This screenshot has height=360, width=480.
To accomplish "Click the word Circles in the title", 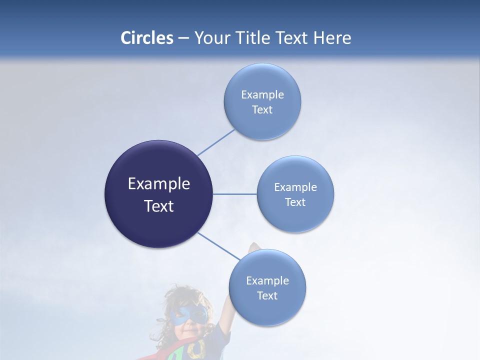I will point(147,38).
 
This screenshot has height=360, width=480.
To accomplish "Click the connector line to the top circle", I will point(216,142).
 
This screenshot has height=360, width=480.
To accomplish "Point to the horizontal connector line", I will point(235,194).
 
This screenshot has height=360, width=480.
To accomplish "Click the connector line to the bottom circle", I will point(218,246).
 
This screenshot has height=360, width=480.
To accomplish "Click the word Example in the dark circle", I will point(159,184).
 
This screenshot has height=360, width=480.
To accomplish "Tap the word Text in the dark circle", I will point(159,206).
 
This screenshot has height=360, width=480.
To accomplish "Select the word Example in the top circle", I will point(262,95).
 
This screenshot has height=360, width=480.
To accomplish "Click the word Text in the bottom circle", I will point(267,295).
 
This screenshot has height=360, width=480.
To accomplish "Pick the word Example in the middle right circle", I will point(295,187).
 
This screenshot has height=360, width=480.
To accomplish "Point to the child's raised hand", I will point(254,247).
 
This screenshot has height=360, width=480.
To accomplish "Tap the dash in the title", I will point(183,38).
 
